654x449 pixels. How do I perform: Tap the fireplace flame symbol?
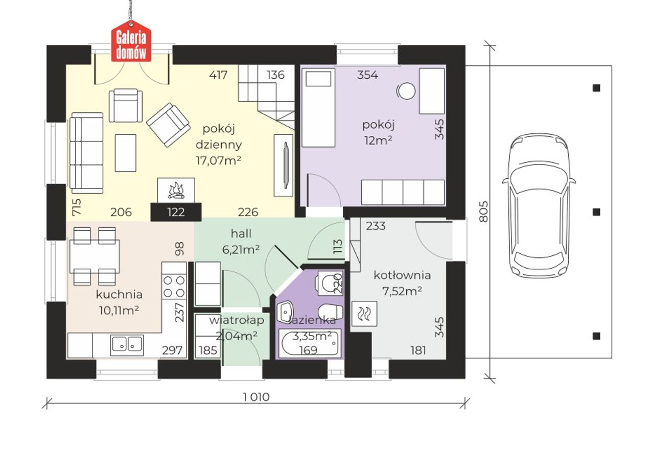[x=176, y=191]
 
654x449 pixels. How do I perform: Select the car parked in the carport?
[x=539, y=206]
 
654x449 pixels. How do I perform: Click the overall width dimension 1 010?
[x=256, y=397]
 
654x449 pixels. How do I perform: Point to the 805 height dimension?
[x=483, y=211]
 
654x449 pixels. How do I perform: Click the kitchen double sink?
[x=127, y=345]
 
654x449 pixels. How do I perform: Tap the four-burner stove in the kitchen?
[x=174, y=287]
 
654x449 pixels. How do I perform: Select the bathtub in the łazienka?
[x=310, y=343]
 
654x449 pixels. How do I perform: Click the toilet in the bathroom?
[x=330, y=313]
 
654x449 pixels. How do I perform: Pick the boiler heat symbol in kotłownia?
[x=364, y=314]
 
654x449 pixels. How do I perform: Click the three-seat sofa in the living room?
[x=86, y=153]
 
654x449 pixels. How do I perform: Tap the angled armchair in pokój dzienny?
[x=169, y=125]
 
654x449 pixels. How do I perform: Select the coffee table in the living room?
[x=126, y=153]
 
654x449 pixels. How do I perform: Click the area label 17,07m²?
[x=218, y=160]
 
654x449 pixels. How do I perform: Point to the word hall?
[x=241, y=233]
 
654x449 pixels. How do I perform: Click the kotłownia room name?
[x=402, y=275]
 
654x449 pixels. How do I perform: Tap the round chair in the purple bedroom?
[x=406, y=91]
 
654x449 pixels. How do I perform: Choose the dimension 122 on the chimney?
[x=176, y=212]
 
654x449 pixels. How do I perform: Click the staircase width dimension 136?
[x=275, y=75]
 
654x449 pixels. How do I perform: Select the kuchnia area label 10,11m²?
[x=119, y=311]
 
